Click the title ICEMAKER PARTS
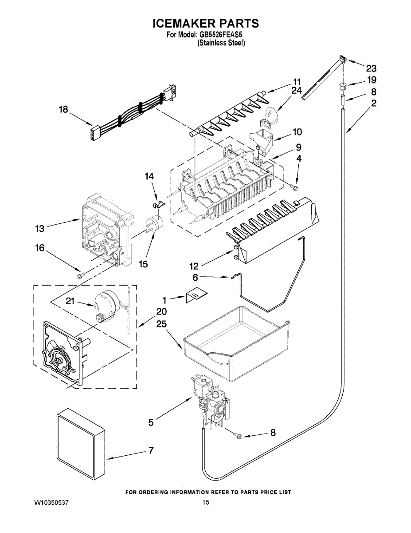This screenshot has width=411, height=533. (205, 24)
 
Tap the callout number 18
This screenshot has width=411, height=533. (64, 109)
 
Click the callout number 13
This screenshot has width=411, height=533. (40, 229)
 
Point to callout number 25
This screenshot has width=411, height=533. (161, 325)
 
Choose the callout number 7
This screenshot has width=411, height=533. (151, 450)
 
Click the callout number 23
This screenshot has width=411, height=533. (371, 68)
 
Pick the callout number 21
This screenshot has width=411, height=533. (70, 301)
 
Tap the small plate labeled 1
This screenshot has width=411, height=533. (195, 295)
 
